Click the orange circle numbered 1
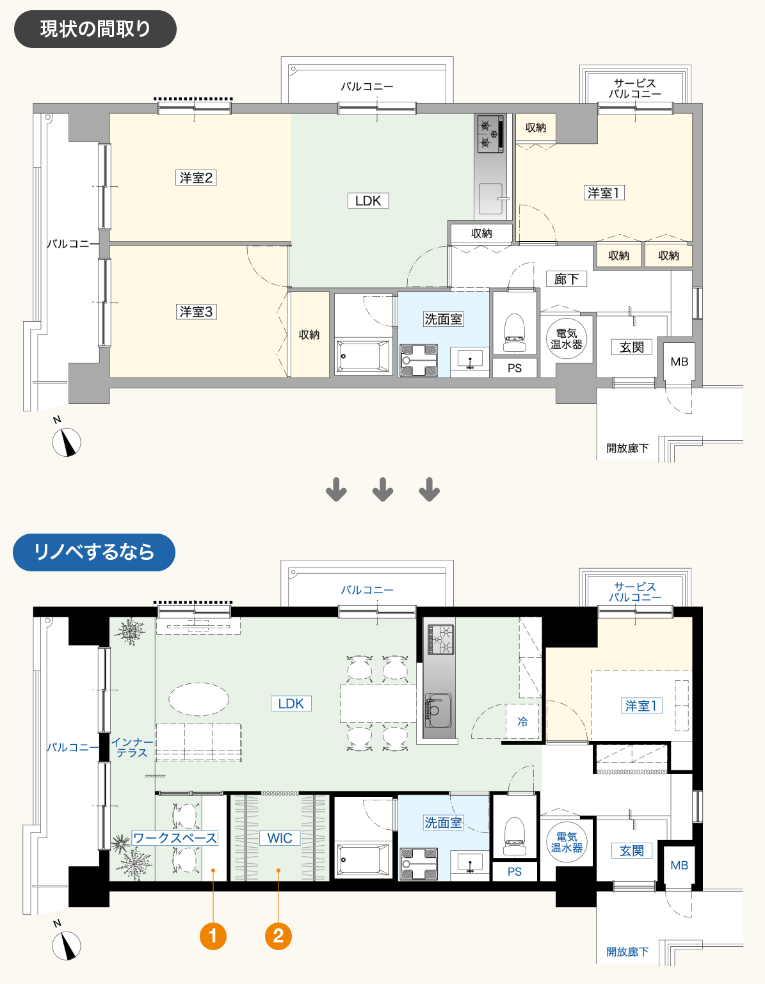click(213, 936)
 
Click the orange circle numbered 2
click(278, 936)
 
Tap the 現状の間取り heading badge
click(95, 29)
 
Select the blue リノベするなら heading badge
click(94, 552)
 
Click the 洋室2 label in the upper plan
click(196, 177)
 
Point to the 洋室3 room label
click(196, 312)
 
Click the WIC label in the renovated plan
click(280, 837)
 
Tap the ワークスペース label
click(175, 837)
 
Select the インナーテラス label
click(132, 747)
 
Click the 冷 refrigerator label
click(522, 721)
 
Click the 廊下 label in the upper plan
click(566, 278)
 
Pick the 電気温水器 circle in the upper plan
click(566, 338)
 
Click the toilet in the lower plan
click(515, 837)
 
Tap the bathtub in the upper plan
click(363, 356)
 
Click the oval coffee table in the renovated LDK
click(199, 699)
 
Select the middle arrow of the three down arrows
click(383, 489)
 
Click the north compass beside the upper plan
click(67, 441)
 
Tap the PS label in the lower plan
click(515, 871)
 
